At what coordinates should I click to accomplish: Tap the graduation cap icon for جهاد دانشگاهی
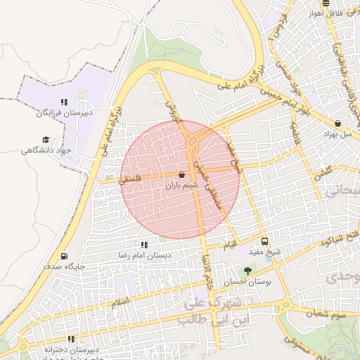pos(46,140)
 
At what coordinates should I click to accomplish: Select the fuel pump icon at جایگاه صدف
pos(65,257)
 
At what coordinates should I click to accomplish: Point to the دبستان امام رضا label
pos(145,255)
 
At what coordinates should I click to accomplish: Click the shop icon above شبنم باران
pos(182,174)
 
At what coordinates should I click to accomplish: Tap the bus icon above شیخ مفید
pos(264,240)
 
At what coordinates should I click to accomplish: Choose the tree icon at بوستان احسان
pos(247,271)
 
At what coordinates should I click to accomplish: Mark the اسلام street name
pos(120,302)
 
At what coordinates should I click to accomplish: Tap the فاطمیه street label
pos(296,133)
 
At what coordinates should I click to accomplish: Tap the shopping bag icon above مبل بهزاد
pos(338,123)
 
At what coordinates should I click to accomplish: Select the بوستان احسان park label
pos(247,282)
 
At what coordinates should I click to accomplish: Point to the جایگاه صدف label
pos(64,267)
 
